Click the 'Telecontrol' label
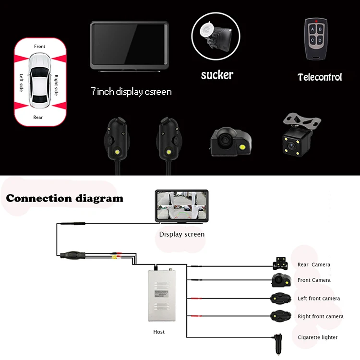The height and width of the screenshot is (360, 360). (320, 77)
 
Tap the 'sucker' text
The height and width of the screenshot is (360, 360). (217, 75)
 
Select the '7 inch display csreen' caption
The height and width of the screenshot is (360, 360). (131, 91)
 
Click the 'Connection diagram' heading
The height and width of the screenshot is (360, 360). (64, 198)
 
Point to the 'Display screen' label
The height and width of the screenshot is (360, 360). (182, 234)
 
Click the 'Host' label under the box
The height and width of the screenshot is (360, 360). (159, 332)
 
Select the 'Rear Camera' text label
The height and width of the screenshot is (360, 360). (314, 264)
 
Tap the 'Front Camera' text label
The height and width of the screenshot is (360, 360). (314, 280)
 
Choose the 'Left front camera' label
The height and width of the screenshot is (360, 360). (319, 298)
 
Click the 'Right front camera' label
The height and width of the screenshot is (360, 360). (321, 316)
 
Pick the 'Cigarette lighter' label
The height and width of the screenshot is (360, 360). (318, 337)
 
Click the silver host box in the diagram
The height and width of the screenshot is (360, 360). (161, 296)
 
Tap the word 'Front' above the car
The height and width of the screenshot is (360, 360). (40, 47)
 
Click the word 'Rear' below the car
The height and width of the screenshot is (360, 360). (38, 117)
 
